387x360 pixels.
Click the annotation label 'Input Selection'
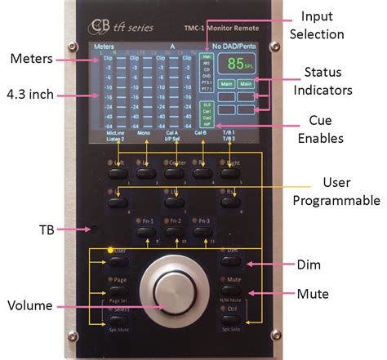click(x=322, y=25)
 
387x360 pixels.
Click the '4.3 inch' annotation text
click(x=32, y=94)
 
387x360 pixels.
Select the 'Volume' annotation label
click(x=30, y=307)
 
